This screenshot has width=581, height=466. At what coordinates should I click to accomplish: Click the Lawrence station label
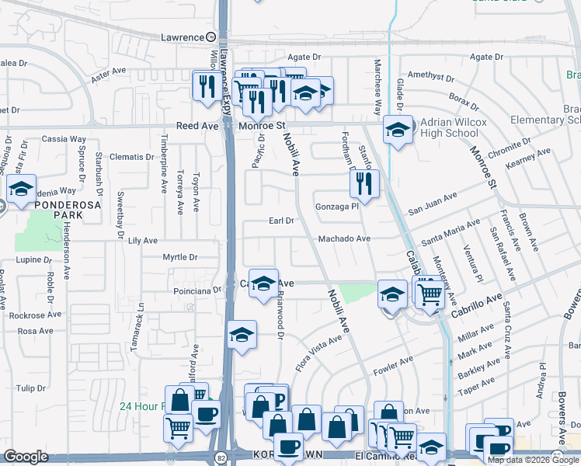click(181, 37)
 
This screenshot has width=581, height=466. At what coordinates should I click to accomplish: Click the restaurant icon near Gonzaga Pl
click(363, 184)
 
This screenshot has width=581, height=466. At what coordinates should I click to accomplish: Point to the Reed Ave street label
click(197, 125)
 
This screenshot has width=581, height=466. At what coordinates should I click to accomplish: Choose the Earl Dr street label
click(281, 221)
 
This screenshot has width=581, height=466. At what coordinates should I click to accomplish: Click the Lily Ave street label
click(143, 242)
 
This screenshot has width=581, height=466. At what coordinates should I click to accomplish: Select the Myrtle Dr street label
click(180, 256)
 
